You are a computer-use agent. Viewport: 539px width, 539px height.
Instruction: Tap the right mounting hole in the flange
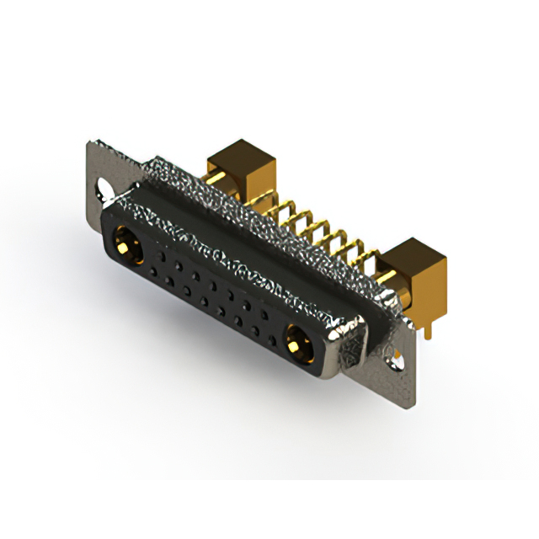[x=392, y=360]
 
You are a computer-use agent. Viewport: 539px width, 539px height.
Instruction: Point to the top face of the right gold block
[x=413, y=252]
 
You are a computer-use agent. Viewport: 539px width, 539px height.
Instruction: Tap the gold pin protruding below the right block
[x=428, y=329]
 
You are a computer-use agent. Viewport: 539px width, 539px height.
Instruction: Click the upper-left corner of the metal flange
[x=91, y=144]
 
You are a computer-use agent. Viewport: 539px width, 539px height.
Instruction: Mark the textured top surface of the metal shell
[x=253, y=219]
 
